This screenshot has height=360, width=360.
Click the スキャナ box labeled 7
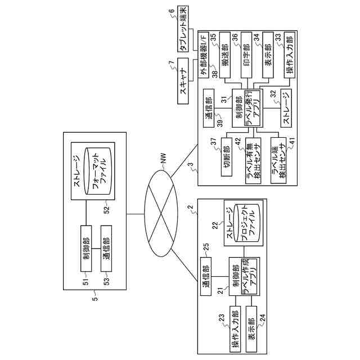(x=183, y=81)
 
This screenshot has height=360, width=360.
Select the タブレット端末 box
(x=183, y=29)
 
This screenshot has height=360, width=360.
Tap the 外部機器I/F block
(x=204, y=54)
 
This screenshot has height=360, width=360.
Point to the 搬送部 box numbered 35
(x=225, y=55)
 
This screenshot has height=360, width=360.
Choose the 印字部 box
(x=246, y=55)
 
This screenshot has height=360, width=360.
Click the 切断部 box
(x=226, y=157)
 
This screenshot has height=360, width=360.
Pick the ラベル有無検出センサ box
(x=253, y=160)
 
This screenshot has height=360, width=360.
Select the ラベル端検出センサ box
(x=278, y=160)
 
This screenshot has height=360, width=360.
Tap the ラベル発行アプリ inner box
(x=252, y=108)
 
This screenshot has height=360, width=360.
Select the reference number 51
(x=86, y=282)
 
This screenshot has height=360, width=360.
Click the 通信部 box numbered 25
(x=206, y=276)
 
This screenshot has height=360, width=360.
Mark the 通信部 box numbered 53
(x=106, y=249)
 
